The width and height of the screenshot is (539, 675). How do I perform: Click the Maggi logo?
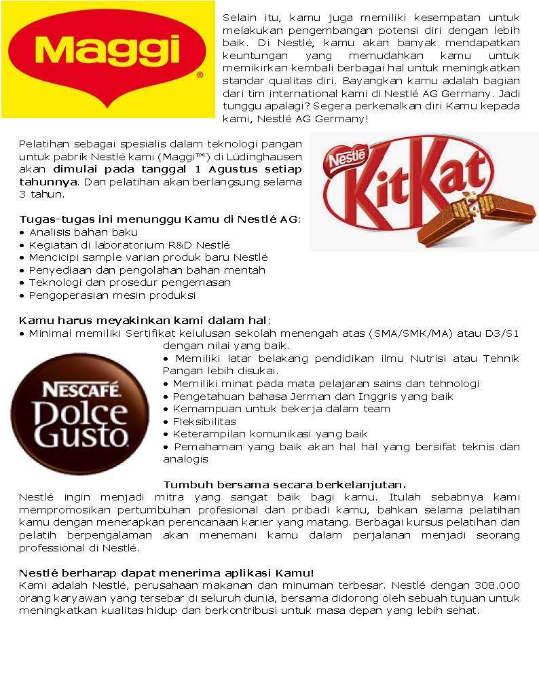[x=109, y=58]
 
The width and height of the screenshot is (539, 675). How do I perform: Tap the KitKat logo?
[x=424, y=191]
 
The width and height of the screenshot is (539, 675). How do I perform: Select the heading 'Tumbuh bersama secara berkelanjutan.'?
[x=284, y=484]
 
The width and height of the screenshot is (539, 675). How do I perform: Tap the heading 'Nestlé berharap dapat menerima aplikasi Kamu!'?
[x=166, y=573]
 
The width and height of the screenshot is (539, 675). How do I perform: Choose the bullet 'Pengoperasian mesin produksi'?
[x=112, y=295]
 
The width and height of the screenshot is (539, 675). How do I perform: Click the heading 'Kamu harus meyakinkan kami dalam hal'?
[x=143, y=320]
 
